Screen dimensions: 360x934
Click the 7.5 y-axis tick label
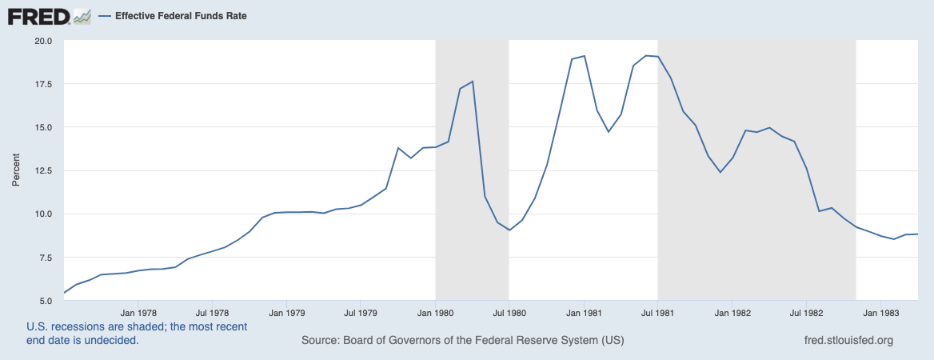45,258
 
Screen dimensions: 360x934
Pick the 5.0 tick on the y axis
45,301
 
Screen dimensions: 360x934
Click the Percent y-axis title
16,170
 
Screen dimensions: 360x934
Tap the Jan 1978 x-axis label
138,313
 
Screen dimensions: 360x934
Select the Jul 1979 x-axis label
361,313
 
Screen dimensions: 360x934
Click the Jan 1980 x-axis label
435,313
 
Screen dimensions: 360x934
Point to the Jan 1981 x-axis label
584,313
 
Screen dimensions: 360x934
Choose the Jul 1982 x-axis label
806,313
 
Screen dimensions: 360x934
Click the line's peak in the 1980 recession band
473,82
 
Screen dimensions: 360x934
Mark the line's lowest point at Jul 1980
509,230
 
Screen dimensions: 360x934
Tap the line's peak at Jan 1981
585,56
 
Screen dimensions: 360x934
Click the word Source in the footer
319,340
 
